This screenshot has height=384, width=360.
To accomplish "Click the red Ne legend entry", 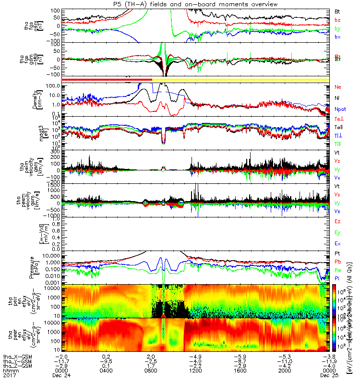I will tap(337, 87).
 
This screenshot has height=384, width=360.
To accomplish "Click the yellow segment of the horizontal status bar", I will tap(240, 79).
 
